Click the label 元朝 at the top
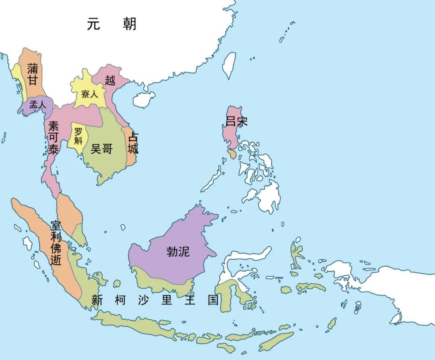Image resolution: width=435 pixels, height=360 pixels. [112, 24]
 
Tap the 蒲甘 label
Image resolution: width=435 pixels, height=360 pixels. [33, 75]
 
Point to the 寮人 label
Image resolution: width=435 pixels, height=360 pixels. [89, 94]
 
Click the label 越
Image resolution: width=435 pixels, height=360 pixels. [110, 80]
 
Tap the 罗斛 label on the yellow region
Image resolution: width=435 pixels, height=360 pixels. [78, 136]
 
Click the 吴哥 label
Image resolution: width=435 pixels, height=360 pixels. [101, 149]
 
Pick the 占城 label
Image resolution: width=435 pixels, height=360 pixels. [133, 143]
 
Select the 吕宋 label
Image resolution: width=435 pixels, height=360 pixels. [236, 121]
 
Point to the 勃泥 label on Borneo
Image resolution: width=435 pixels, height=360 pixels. [178, 252]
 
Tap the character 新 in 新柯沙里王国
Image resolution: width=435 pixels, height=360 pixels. [96, 300]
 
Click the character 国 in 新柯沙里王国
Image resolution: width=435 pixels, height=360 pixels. [213, 300]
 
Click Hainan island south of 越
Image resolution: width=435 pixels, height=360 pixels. [144, 99]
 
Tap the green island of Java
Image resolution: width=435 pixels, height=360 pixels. [133, 323]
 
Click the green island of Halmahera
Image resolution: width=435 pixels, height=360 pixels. [297, 252]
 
